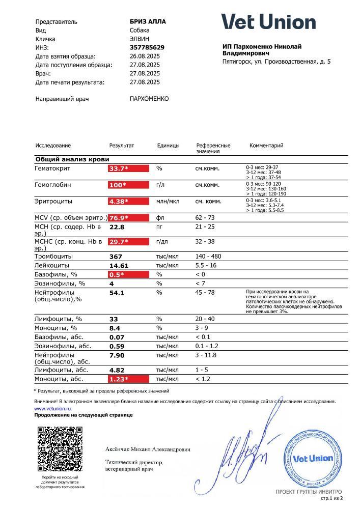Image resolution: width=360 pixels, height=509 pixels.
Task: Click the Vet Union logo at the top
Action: [x=268, y=22]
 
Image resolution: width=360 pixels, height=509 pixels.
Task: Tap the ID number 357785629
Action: [x=147, y=47]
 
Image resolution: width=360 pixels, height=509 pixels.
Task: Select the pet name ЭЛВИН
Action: [x=141, y=39]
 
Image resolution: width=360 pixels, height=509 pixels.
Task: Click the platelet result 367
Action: [x=117, y=256]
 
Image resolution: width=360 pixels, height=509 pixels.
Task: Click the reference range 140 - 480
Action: [x=208, y=256]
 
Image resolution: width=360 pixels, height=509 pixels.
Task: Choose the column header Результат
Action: [x=122, y=146]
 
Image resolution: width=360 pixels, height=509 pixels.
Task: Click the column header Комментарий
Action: [x=266, y=146]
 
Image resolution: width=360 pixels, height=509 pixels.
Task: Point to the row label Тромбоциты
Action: [x=53, y=256]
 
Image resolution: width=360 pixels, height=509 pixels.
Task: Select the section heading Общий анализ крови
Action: [x=72, y=159]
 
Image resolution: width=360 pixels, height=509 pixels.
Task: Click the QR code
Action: [x=60, y=449]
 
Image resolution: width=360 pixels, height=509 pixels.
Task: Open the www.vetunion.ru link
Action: [x=52, y=408]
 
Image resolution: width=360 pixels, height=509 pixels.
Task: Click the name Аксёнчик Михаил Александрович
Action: [x=148, y=450]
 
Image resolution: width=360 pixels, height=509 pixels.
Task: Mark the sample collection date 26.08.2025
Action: [x=145, y=56]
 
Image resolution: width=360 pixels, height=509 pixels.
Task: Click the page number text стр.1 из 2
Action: [x=331, y=498]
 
